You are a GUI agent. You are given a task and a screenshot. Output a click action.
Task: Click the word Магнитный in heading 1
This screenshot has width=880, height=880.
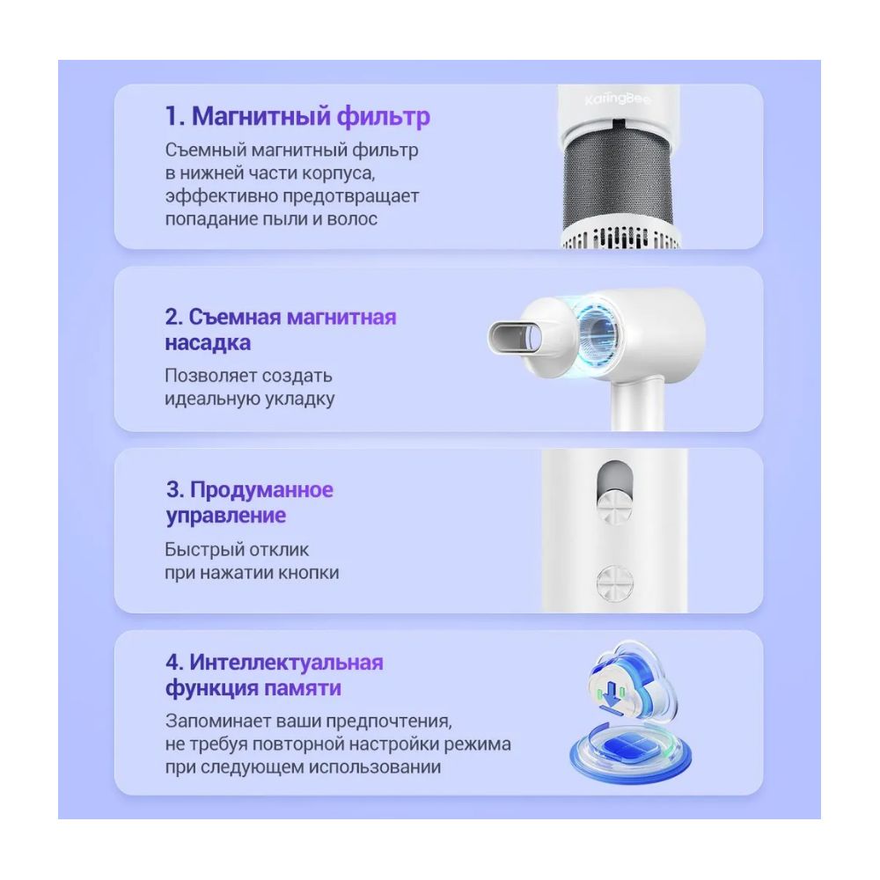pos(260,117)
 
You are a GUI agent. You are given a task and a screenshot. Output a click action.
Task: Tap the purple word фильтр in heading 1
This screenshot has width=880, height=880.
pos(384,117)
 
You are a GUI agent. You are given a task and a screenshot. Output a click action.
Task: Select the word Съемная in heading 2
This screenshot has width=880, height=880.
pos(235,317)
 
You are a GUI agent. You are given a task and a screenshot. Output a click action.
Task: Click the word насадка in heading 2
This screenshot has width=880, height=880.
pos(208,343)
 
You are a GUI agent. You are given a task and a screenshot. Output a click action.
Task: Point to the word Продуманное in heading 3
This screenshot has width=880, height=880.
pos(261,490)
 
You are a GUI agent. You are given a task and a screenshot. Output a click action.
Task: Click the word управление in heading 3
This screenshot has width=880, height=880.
pos(225,516)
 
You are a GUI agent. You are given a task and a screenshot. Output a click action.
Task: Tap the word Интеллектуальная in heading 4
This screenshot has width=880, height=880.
pos(286,663)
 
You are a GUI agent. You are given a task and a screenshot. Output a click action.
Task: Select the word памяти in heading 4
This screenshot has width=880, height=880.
pos(303,688)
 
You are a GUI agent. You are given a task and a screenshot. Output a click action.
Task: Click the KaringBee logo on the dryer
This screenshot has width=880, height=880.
pos(618,100)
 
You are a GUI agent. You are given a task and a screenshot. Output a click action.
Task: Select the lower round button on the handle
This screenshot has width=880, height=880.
pos(614,583)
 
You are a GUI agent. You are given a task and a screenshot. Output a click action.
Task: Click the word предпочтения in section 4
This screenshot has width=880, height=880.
pos(389,722)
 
